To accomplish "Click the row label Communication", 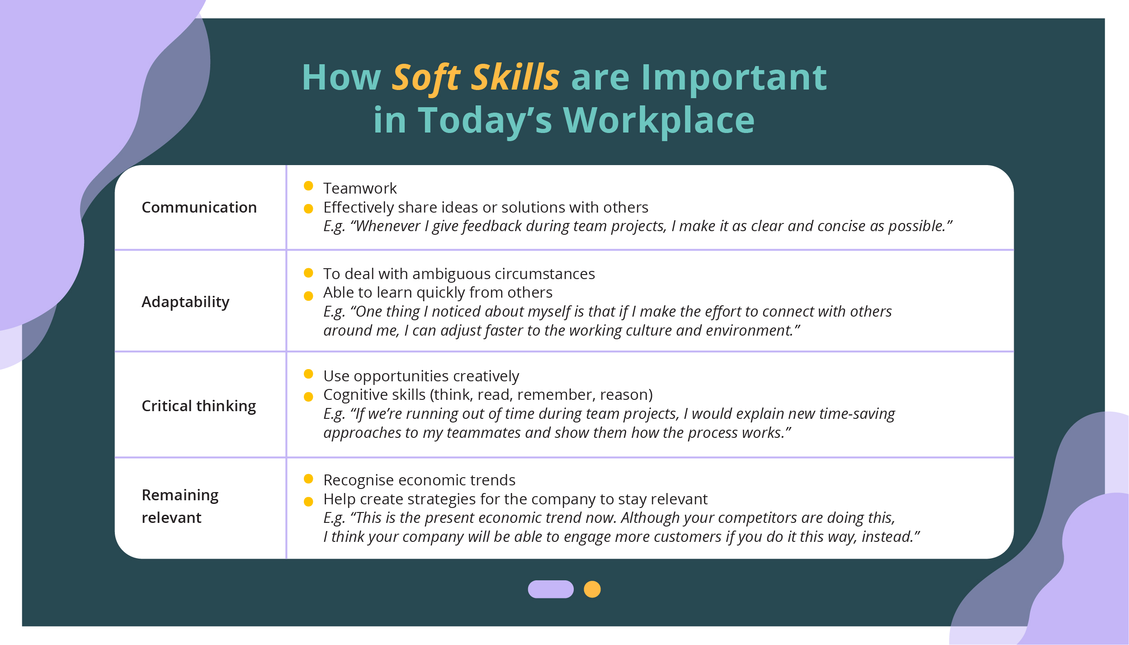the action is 199,207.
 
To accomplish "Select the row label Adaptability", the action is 185,302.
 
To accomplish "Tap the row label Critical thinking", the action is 199,406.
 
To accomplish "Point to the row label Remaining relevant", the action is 180,506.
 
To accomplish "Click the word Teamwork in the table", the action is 360,188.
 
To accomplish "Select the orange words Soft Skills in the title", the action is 476,78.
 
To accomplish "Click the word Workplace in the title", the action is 659,121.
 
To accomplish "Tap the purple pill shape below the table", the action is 551,589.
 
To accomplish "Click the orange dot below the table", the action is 592,589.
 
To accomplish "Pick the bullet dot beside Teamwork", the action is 308,185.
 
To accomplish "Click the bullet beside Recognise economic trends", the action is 308,479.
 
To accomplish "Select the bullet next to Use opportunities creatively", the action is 308,374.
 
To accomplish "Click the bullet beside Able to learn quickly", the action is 308,296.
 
